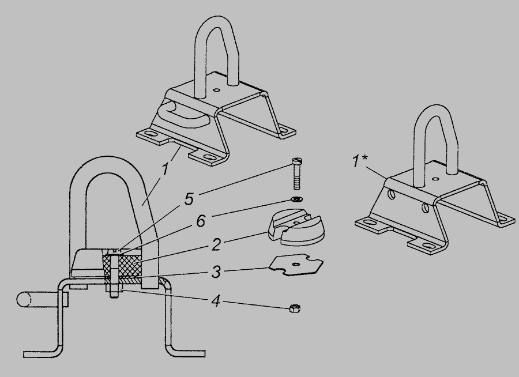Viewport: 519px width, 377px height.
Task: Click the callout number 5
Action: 189,199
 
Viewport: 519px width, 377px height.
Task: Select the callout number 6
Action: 201,221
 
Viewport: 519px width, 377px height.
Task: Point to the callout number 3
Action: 216,272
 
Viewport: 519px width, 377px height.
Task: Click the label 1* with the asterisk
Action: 359,161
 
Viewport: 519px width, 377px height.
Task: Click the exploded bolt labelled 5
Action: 296,174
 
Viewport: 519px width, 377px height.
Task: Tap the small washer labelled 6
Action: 296,199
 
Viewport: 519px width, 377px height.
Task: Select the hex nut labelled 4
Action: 295,308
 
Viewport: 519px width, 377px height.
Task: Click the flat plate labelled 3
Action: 296,264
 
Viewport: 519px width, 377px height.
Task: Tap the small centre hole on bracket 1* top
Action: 435,179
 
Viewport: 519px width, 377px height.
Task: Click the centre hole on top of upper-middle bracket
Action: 216,89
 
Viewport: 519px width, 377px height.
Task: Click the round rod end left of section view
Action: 23,300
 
